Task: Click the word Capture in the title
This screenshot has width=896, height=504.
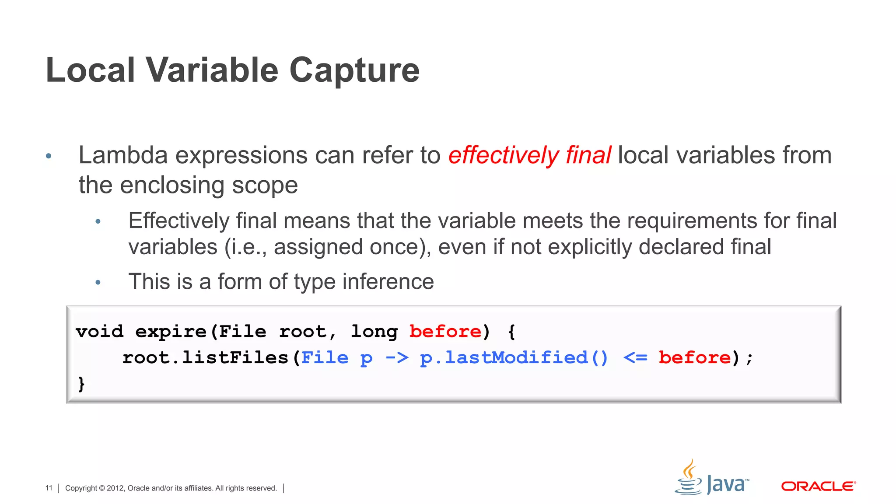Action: tap(354, 70)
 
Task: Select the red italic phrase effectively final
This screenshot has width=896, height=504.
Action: tap(529, 155)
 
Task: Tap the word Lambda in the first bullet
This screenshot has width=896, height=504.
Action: tap(123, 155)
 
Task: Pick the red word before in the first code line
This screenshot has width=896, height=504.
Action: tap(445, 331)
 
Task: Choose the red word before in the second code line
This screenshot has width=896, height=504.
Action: tap(694, 357)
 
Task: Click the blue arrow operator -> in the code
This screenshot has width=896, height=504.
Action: tap(397, 357)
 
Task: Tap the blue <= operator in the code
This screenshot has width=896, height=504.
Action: tap(635, 357)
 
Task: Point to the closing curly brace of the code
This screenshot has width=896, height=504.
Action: tap(81, 384)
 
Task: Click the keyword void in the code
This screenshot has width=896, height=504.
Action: tap(99, 331)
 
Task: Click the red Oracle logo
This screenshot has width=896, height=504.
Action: tap(818, 486)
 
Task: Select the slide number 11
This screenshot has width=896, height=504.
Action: tap(49, 488)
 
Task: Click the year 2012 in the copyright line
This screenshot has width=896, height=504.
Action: tap(115, 488)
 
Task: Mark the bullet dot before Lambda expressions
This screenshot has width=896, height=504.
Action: tap(49, 156)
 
